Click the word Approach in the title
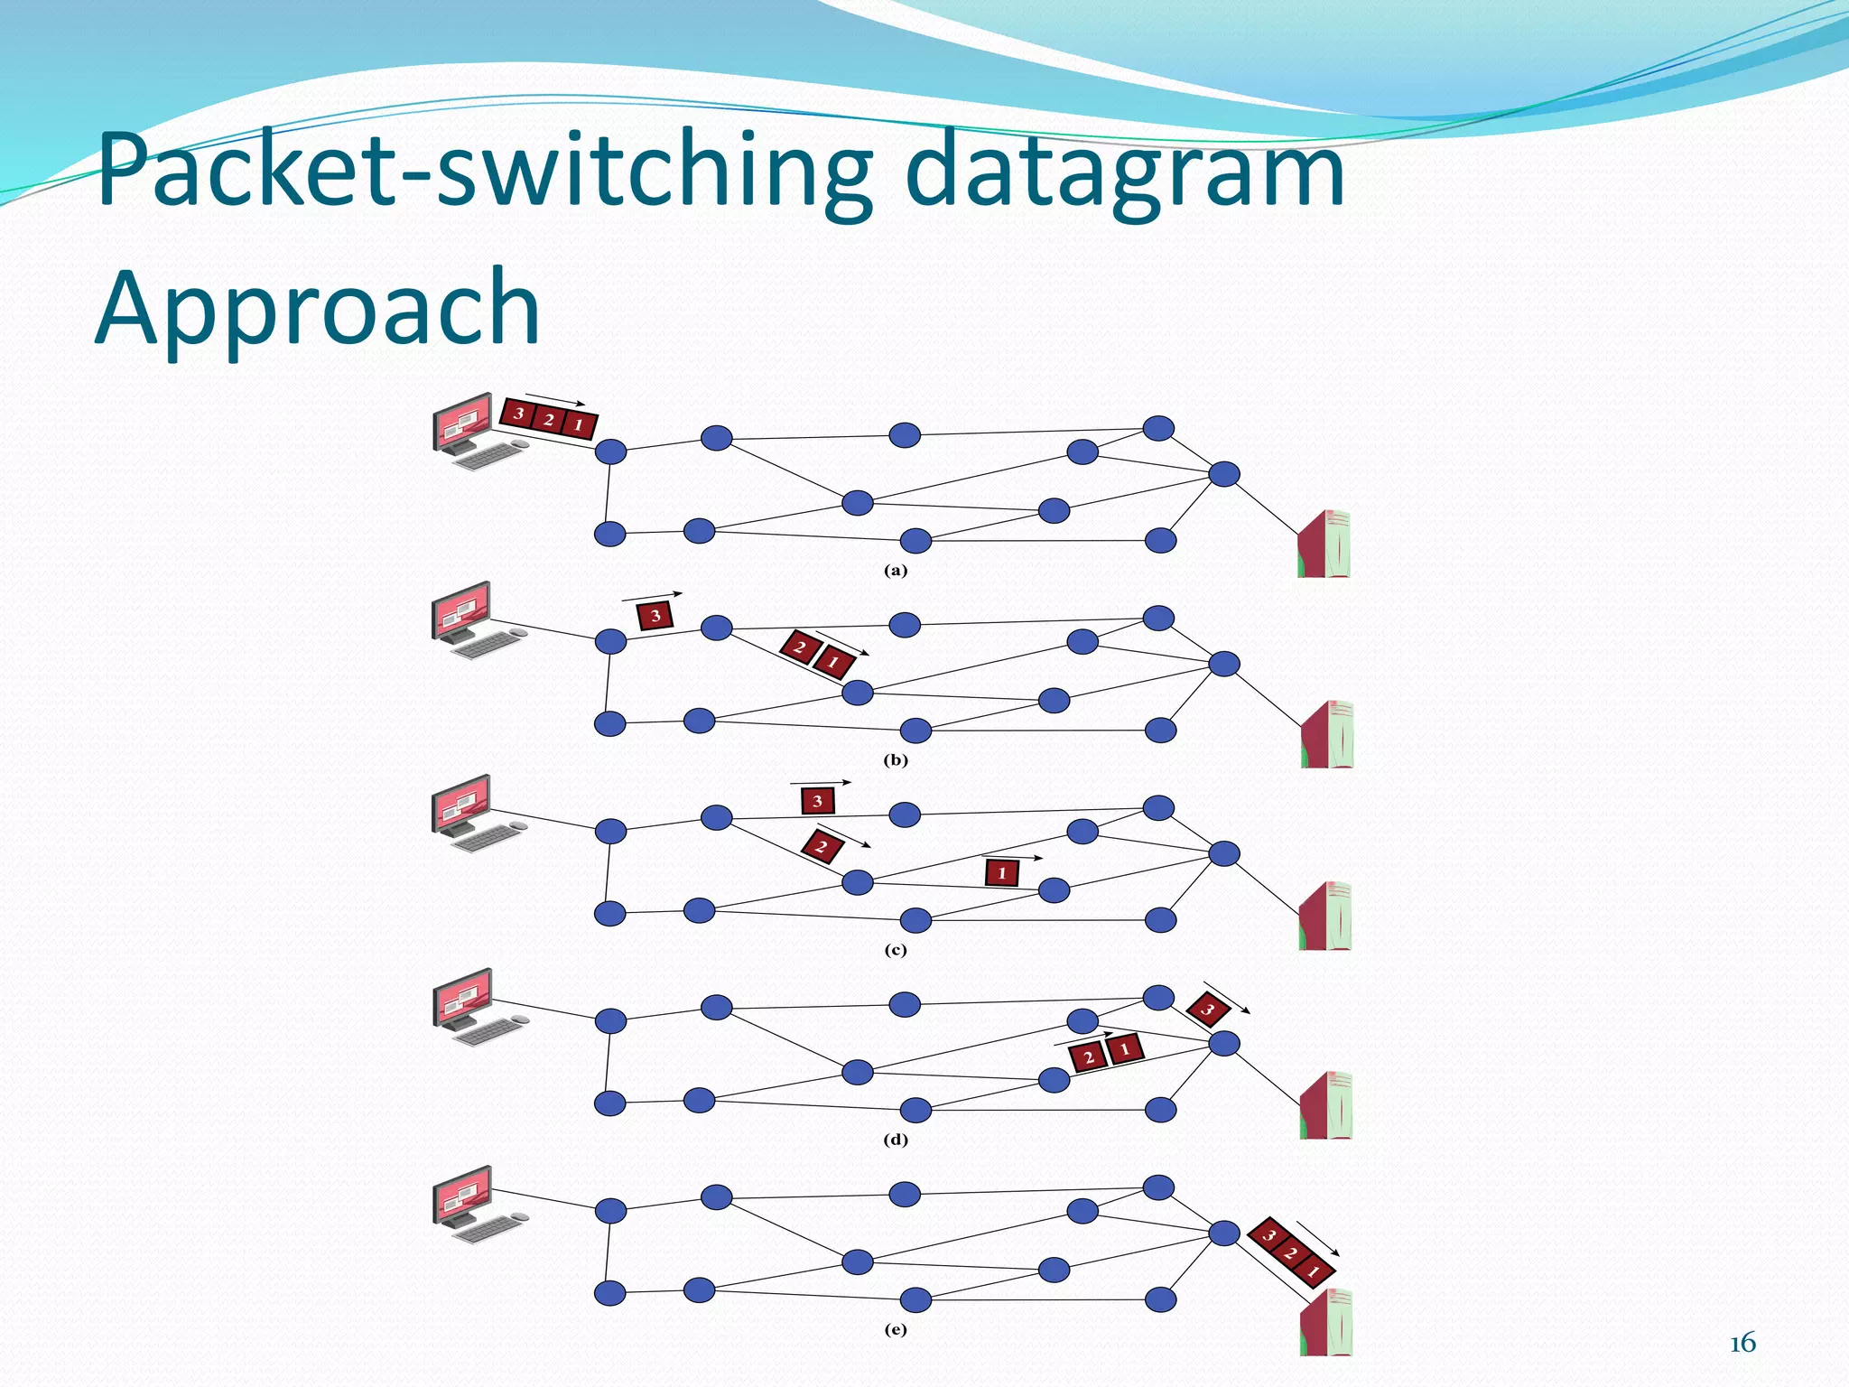click(318, 309)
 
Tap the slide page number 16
click(1742, 1344)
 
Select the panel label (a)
click(895, 571)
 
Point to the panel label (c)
click(895, 950)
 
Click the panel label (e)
click(895, 1329)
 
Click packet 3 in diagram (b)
click(655, 616)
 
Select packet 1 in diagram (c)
click(1001, 873)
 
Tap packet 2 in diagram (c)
click(822, 847)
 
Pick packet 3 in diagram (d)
click(1208, 1009)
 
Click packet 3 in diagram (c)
click(817, 801)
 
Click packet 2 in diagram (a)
click(548, 419)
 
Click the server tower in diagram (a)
click(1324, 544)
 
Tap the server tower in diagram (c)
click(1325, 916)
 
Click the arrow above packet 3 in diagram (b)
click(652, 597)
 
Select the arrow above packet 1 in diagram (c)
click(1011, 856)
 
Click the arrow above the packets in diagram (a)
click(554, 399)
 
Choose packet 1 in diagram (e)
click(1314, 1271)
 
